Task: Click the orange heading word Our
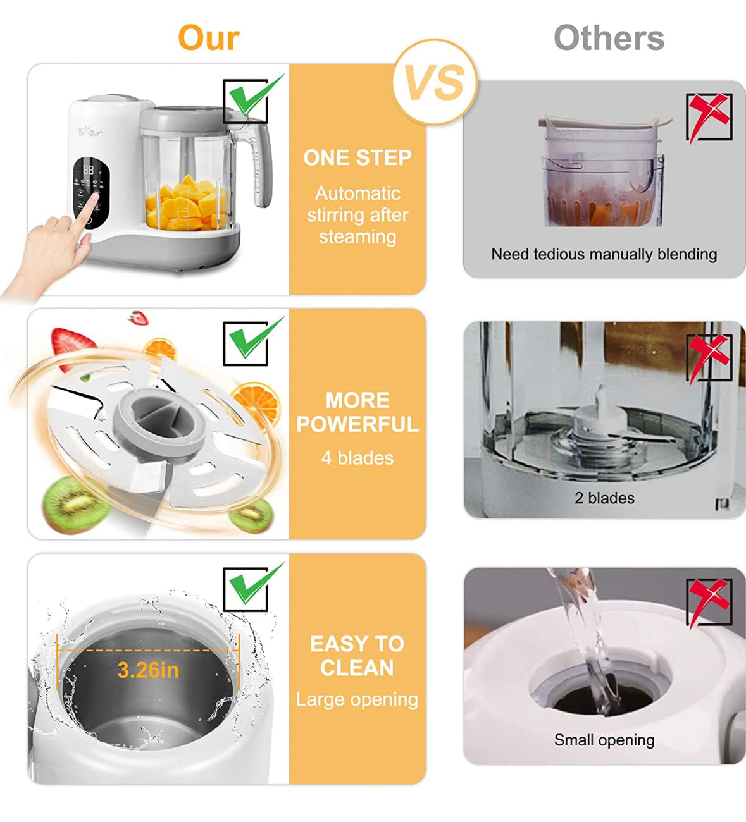pyautogui.click(x=209, y=38)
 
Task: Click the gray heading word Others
pyautogui.click(x=609, y=38)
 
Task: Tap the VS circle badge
pyautogui.click(x=435, y=82)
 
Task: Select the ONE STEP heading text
pyautogui.click(x=357, y=158)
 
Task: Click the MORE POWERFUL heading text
pyautogui.click(x=357, y=412)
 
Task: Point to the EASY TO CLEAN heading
pyautogui.click(x=357, y=655)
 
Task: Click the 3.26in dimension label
pyautogui.click(x=149, y=670)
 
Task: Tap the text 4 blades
pyautogui.click(x=357, y=458)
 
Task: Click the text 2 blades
pyautogui.click(x=604, y=498)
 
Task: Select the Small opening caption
pyautogui.click(x=604, y=740)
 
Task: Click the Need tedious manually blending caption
pyautogui.click(x=604, y=254)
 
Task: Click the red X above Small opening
pyautogui.click(x=709, y=601)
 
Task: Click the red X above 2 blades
pyautogui.click(x=709, y=357)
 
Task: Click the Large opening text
pyautogui.click(x=357, y=699)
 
